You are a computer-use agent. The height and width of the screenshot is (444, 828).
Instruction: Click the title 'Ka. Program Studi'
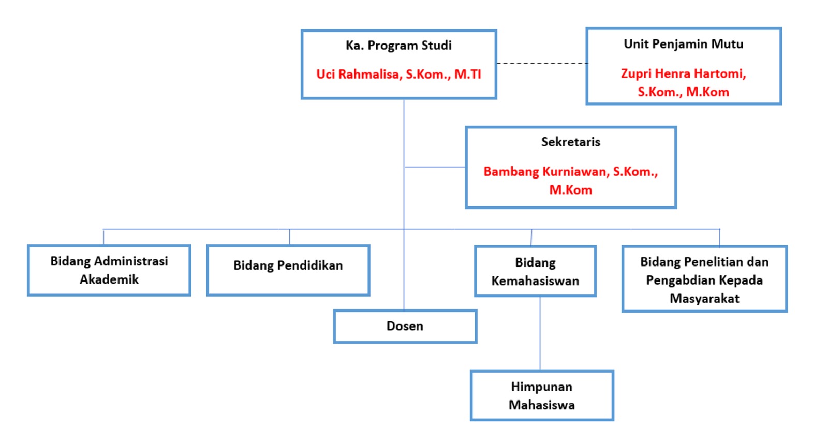398,46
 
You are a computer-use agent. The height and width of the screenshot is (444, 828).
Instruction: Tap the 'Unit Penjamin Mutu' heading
683,44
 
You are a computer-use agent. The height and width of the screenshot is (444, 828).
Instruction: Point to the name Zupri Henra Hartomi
683,74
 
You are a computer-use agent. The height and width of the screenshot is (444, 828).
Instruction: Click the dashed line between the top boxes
541,64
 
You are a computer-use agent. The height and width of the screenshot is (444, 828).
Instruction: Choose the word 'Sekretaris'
570,142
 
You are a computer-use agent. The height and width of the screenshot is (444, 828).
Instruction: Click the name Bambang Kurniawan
546,172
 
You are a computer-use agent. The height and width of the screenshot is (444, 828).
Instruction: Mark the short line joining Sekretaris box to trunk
435,167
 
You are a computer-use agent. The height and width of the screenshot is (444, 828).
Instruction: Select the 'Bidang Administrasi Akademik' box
109,270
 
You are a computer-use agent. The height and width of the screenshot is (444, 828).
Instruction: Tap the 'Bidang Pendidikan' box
288,270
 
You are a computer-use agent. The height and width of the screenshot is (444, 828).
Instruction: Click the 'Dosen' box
405,326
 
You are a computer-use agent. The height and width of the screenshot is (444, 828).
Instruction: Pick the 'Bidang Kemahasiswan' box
535,271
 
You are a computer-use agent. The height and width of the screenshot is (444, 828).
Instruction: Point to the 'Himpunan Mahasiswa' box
541,396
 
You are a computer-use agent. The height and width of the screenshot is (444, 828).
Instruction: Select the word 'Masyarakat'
704,299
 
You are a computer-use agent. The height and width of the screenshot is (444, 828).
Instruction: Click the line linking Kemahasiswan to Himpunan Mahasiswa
540,333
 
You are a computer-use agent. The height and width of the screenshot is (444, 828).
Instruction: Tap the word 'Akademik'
109,279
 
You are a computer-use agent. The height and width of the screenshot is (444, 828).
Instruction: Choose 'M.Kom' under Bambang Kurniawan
570,190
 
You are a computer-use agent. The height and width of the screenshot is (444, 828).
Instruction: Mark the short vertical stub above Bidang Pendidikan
289,237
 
